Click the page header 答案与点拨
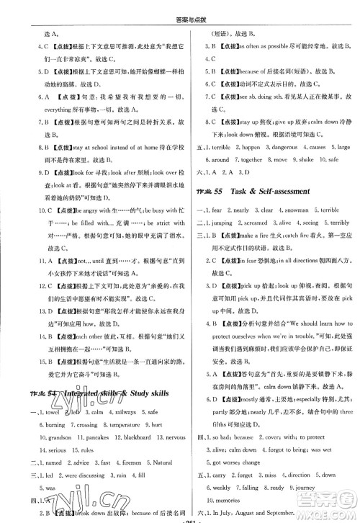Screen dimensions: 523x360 click(x=179, y=7)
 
